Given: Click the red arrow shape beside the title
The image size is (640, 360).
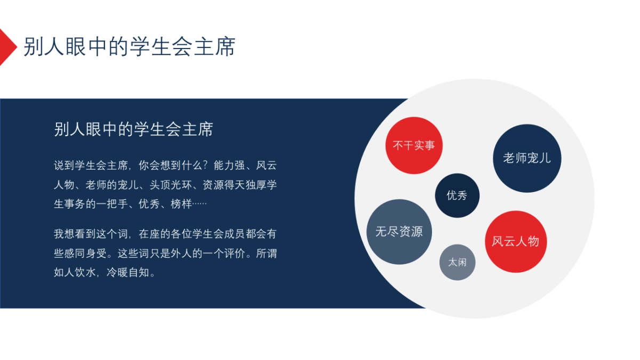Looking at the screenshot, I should (6, 47).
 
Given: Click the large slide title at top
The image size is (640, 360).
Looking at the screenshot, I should (129, 47).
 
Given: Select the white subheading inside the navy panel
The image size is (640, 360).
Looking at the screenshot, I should (133, 129).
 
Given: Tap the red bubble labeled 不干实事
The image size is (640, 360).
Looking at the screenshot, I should (414, 145).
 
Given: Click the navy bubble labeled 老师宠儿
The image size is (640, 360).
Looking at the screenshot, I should (527, 158).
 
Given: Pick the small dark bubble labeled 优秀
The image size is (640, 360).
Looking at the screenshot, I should (457, 195).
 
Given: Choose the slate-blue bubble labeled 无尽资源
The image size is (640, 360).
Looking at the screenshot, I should (399, 232).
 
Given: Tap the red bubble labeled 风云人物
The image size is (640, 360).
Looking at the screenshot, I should (515, 242).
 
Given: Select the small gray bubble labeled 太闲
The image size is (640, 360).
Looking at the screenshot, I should (457, 262).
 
